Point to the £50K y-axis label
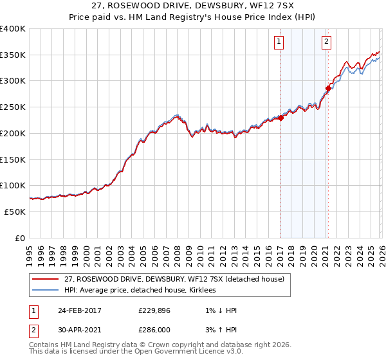(15, 212)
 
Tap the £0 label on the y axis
(19, 238)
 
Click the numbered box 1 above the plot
(280, 42)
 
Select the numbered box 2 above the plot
(327, 42)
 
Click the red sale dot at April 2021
(328, 87)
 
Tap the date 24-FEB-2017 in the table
(80, 310)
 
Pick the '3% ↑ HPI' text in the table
(218, 330)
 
